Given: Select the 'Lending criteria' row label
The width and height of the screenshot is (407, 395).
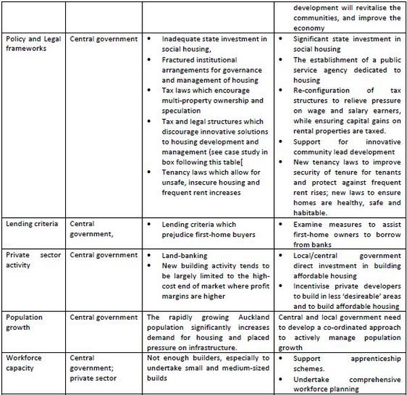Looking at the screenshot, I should click(31, 223).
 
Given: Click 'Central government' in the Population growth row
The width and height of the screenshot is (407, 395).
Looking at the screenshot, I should click(102, 317).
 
